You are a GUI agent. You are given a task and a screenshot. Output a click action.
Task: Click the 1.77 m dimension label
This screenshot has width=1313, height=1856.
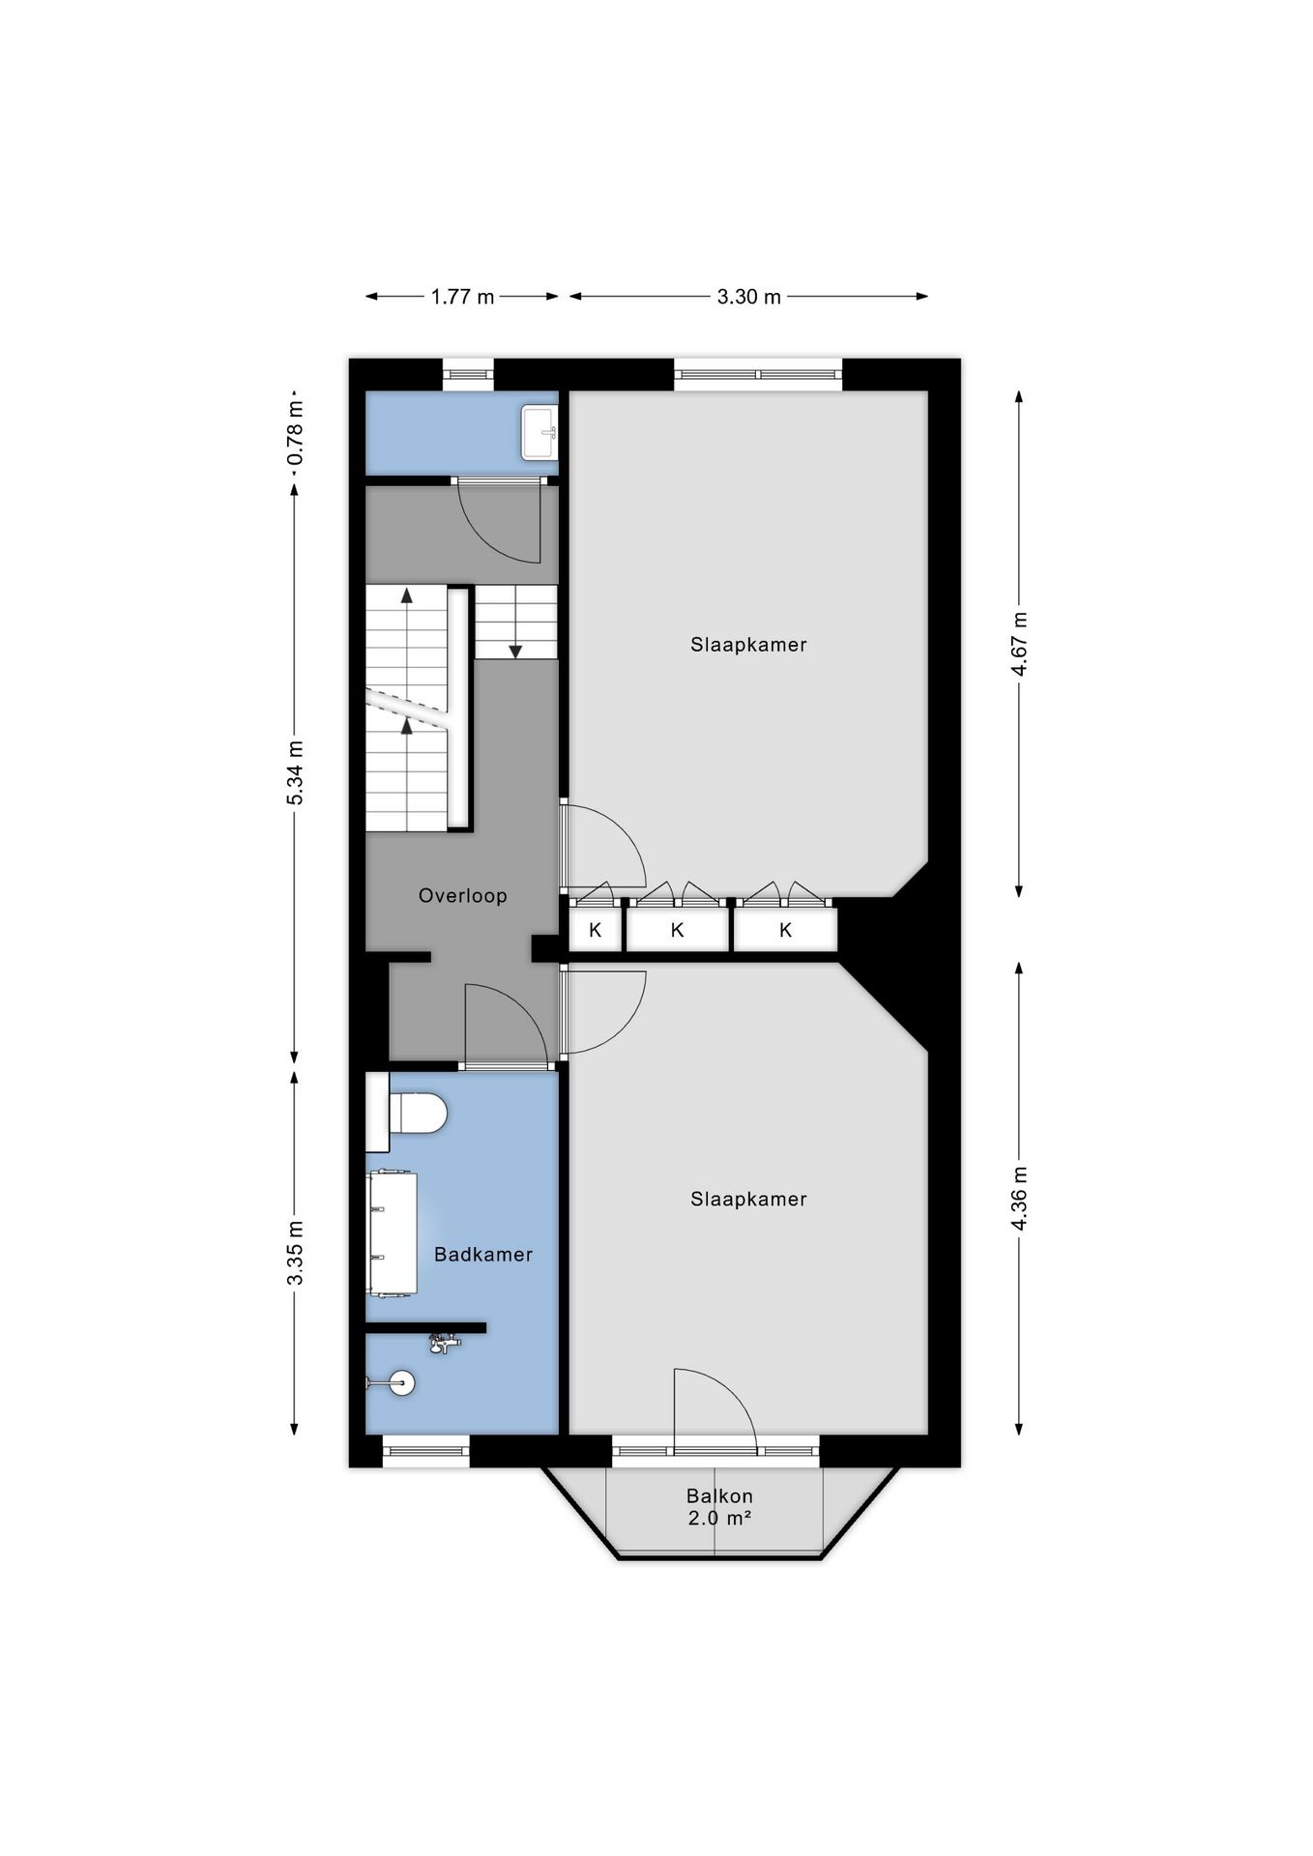click(462, 297)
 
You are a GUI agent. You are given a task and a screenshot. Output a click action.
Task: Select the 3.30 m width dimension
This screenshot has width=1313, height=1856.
click(748, 297)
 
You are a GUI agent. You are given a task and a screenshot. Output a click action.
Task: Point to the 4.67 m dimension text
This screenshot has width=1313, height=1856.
click(1018, 645)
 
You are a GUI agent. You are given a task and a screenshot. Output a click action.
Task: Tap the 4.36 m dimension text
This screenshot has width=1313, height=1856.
click(1018, 1198)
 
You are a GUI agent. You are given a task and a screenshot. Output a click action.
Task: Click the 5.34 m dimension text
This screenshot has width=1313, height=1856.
click(295, 772)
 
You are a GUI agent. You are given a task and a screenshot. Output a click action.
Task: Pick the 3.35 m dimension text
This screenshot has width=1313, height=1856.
click(295, 1253)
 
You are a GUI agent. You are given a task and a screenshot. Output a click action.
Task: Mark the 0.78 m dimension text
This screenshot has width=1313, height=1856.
click(295, 433)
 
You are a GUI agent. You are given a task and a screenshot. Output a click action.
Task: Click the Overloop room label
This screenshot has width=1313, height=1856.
click(462, 896)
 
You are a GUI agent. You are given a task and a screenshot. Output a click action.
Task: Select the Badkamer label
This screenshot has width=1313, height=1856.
click(483, 1255)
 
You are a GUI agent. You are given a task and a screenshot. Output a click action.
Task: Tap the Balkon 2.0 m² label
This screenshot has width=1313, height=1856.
click(720, 1507)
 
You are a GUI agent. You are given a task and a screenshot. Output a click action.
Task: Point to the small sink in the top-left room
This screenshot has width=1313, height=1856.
click(539, 432)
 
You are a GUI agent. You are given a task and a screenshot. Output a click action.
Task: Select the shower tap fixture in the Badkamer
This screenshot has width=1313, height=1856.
click(444, 1343)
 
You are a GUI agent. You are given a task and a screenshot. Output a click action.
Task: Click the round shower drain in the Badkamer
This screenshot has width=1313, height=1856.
click(401, 1383)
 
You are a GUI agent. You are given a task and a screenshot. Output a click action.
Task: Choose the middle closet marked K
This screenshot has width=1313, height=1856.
click(678, 930)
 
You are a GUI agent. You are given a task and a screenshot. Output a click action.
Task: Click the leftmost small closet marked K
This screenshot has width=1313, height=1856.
click(596, 930)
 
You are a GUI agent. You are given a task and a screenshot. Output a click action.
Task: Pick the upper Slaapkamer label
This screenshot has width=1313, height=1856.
click(748, 645)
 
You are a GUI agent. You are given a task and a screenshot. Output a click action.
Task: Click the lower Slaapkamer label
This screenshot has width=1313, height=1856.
click(748, 1200)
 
